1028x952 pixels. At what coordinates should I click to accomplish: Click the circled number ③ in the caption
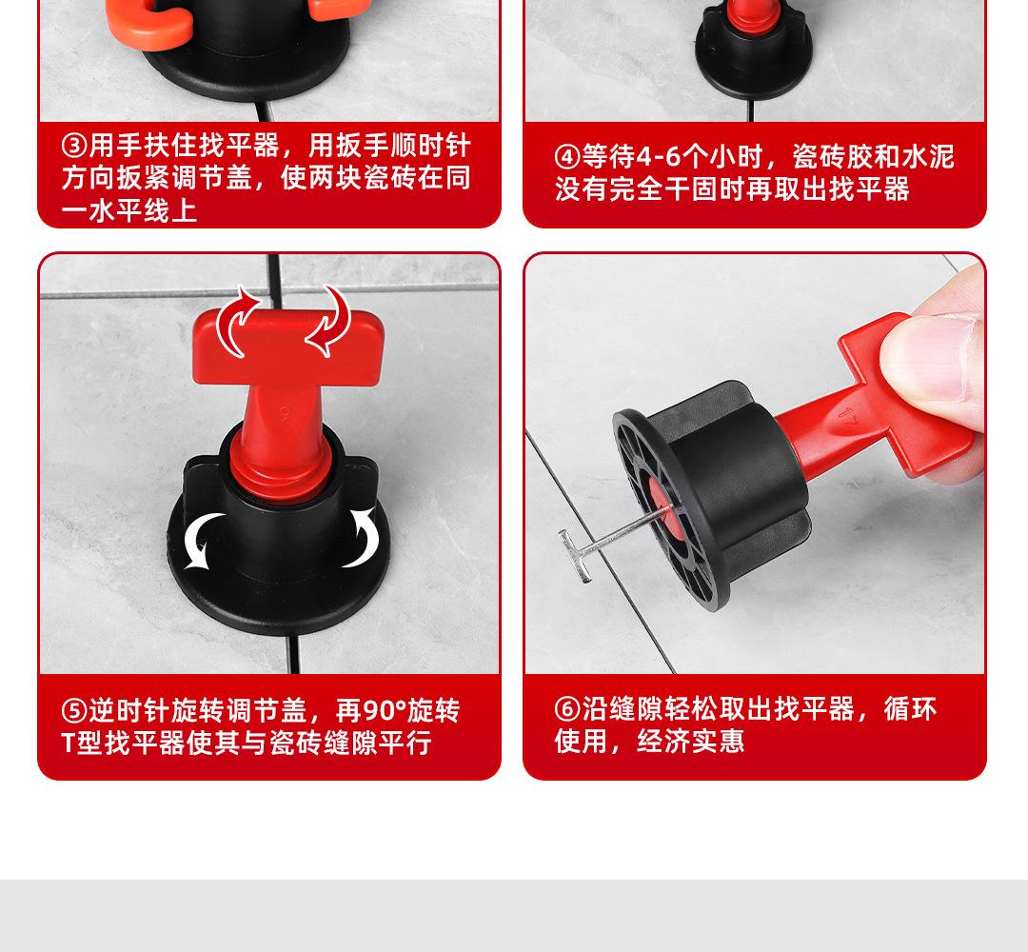click(74, 146)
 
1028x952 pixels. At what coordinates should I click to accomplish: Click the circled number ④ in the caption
click(566, 157)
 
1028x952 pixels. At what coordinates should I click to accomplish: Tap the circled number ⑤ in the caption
click(74, 711)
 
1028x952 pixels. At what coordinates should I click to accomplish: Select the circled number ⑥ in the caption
click(567, 708)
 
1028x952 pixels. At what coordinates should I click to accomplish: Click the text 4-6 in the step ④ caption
click(659, 157)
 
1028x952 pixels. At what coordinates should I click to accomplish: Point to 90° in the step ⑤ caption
click(384, 711)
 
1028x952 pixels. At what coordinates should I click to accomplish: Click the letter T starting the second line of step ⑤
click(69, 744)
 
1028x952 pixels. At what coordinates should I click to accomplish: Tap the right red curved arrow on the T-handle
click(330, 321)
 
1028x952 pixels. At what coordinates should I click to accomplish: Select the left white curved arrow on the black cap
click(199, 539)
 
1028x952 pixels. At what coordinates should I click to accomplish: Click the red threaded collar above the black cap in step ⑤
click(282, 468)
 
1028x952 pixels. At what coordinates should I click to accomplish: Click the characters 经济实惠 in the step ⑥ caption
click(691, 742)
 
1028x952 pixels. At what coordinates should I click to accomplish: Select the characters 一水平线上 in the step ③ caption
click(129, 210)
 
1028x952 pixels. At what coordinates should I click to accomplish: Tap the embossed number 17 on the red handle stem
click(846, 418)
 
